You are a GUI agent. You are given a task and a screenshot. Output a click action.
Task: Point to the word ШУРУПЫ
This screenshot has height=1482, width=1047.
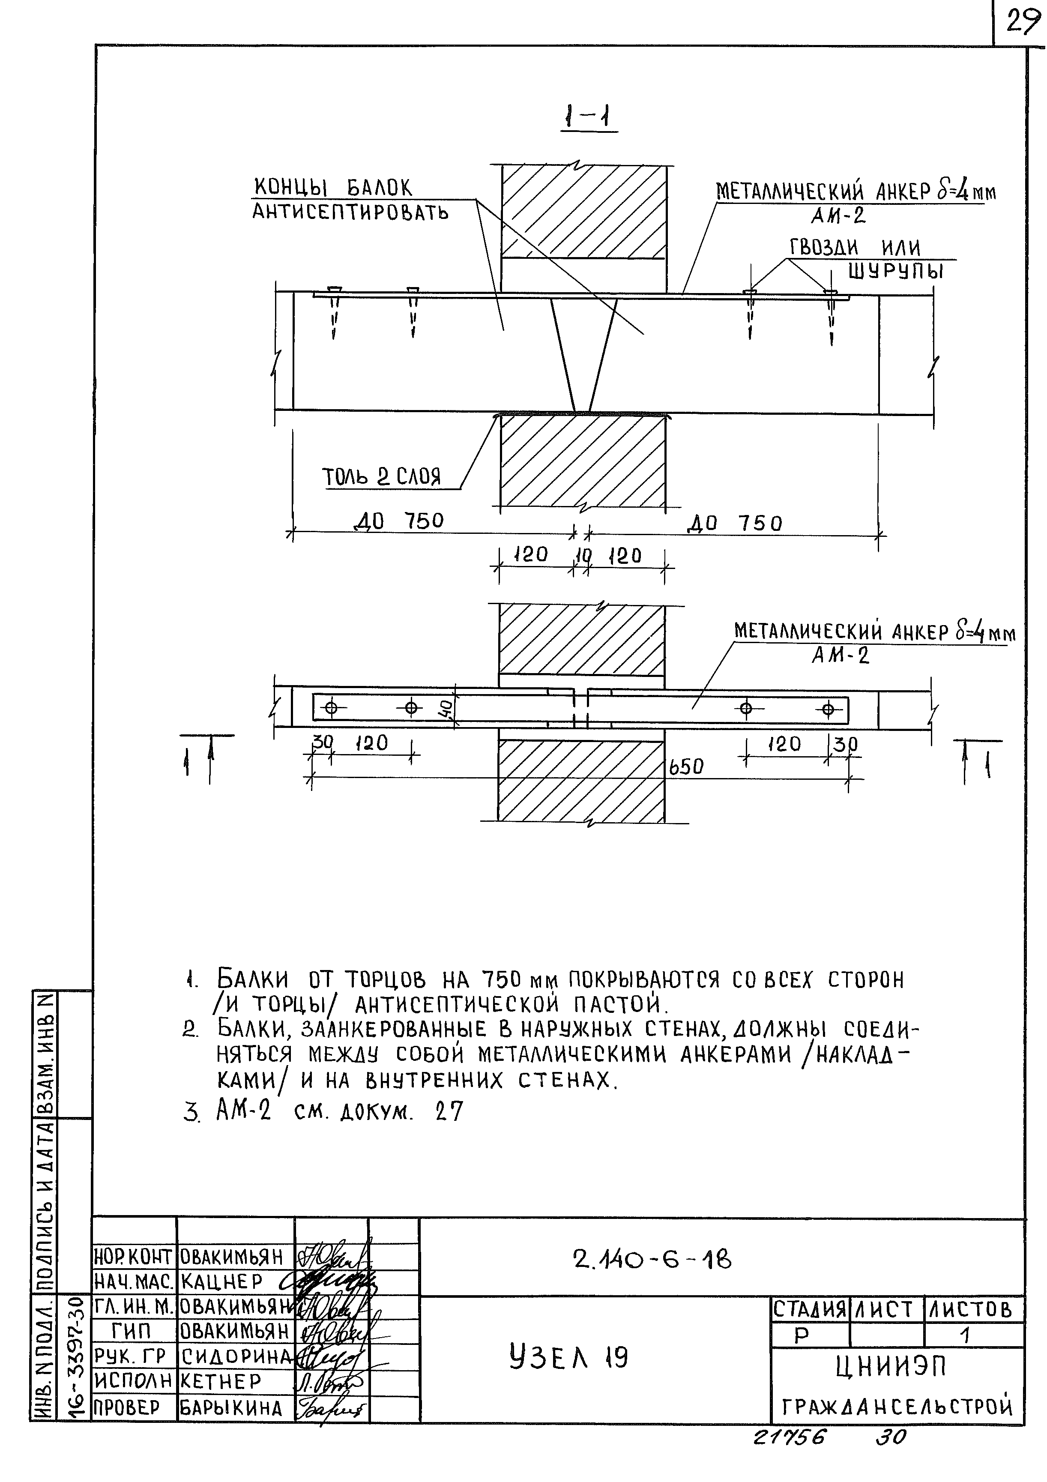pos(895,271)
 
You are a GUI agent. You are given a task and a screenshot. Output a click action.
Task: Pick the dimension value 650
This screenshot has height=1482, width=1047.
pos(685,767)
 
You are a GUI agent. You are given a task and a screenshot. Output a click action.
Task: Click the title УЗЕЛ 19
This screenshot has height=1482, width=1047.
pos(568,1358)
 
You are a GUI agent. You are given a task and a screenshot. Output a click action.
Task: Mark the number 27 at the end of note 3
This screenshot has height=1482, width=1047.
pos(449,1111)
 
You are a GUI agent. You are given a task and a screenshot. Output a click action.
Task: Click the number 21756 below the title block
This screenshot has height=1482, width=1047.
pos(789,1437)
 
